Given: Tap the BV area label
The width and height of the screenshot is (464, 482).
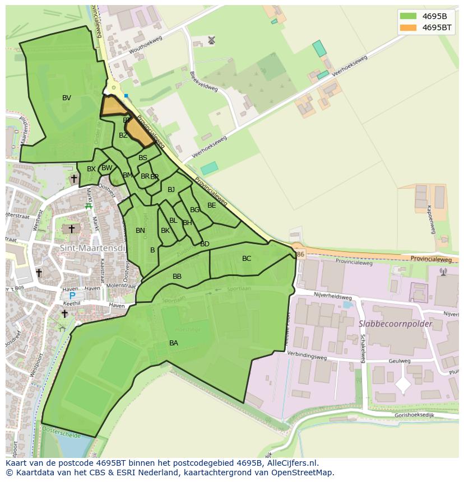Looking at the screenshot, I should point(67,98).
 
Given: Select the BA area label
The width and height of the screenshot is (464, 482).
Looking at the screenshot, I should point(174,343).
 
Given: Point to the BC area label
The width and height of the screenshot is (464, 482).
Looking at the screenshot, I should point(247,259).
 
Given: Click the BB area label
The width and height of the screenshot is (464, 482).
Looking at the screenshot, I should point(177,277).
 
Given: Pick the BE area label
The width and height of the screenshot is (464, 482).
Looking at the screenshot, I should point(211,205).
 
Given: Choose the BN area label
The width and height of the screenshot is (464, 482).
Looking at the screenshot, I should point(140,231).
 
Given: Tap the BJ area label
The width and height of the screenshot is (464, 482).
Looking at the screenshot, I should point(171,190).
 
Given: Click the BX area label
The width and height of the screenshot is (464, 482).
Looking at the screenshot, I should point(91,169).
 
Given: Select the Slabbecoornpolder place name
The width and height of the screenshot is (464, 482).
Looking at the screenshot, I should point(395,324).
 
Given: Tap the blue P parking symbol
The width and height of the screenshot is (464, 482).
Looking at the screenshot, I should point(72,296).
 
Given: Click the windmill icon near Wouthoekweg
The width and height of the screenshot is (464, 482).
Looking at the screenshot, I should point(211,40).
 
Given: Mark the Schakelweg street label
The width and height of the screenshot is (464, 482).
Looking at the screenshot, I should point(363,348).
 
